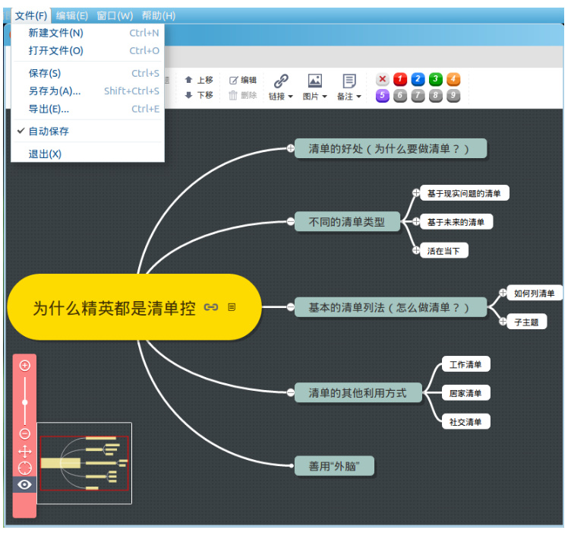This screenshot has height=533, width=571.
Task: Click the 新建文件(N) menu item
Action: coord(56,33)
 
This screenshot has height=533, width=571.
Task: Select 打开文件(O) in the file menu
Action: coord(56,51)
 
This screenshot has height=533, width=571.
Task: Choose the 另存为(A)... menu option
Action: coord(55,91)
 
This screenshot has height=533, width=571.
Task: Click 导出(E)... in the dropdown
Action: coord(49,109)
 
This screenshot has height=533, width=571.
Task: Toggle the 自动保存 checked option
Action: coord(49,132)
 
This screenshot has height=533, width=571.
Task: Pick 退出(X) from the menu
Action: coord(45,154)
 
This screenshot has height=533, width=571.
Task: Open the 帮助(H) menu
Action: coord(159,15)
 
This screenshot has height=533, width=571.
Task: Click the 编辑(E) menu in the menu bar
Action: coord(72,15)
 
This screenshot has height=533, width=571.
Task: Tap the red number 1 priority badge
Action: coord(400,79)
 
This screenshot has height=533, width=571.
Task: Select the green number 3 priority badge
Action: coord(435,79)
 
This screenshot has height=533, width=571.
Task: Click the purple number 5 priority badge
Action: coord(383,96)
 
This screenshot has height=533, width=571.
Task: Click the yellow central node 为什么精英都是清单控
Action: coord(114,308)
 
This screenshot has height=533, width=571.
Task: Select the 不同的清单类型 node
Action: coord(347,222)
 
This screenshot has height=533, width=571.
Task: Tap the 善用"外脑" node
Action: coord(334,466)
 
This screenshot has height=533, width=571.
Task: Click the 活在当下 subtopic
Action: coord(443,251)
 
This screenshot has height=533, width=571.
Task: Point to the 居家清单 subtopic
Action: coord(465,393)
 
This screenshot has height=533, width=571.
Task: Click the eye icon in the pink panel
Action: coord(25,484)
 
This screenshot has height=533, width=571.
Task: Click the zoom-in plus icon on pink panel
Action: coord(25,366)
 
